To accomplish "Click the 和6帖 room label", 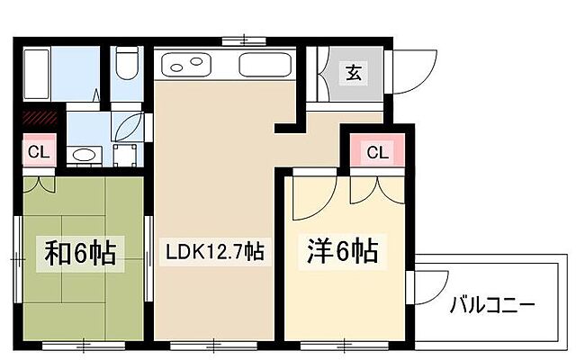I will tap(80, 253).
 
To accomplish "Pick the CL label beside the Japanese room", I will tap(38, 150).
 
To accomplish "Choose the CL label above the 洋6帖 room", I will tap(378, 152).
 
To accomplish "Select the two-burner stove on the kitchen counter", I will tap(185, 65).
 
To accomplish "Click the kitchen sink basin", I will tap(265, 65).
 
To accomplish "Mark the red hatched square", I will tap(40, 115).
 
